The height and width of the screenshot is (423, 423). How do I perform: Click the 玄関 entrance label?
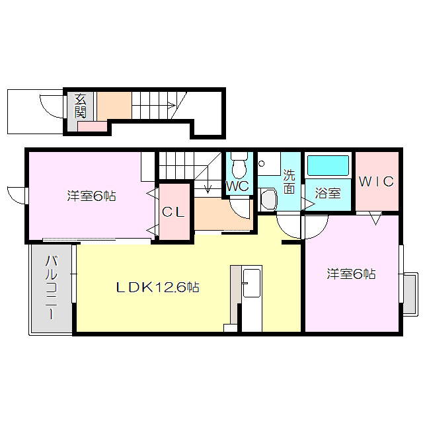(80, 106)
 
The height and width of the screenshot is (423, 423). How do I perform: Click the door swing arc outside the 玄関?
(51, 106)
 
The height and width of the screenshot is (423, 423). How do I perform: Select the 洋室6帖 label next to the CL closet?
(91, 196)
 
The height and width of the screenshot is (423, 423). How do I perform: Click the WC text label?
(237, 186)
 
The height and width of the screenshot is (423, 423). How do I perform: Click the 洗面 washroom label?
(289, 182)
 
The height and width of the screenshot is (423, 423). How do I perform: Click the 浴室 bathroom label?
(328, 194)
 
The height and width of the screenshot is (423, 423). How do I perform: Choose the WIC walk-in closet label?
(377, 181)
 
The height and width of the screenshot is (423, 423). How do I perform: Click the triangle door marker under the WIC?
(375, 219)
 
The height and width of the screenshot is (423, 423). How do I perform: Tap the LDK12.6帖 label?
(158, 288)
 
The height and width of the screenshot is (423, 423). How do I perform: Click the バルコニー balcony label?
(51, 289)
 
